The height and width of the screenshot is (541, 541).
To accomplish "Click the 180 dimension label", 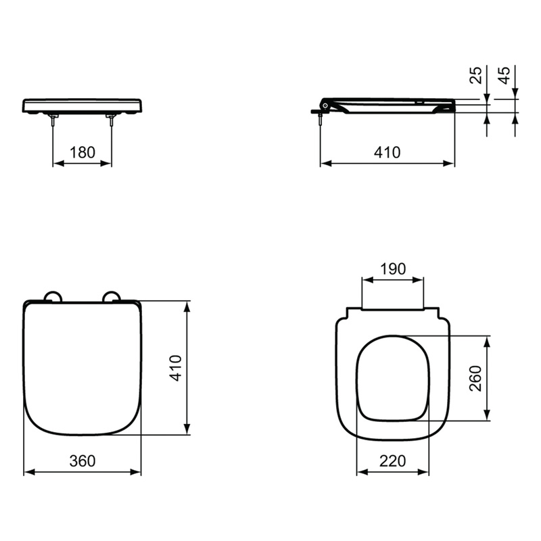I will click(x=83, y=152).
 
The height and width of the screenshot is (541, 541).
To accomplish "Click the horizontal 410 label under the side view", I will click(x=387, y=152).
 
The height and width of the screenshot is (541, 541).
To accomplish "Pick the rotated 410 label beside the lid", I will click(x=176, y=368).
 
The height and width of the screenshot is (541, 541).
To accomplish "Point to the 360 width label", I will click(x=83, y=461).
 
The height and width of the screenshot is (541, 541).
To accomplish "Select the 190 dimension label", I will click(x=393, y=268).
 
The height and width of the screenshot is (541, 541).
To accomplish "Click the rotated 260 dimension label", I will click(x=476, y=378).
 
